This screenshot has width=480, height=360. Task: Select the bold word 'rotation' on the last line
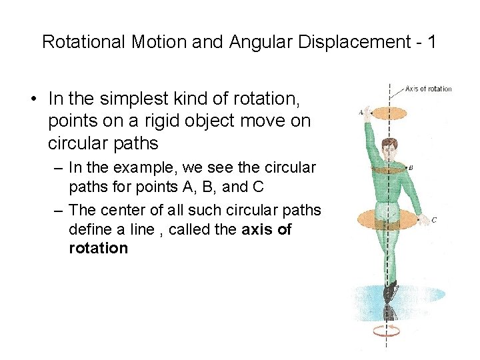point(98,249)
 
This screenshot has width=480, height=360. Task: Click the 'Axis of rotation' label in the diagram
point(428,89)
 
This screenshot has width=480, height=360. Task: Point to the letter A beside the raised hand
point(361,113)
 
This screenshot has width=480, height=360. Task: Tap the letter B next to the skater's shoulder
point(411,168)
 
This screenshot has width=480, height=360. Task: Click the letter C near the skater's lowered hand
point(434,219)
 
